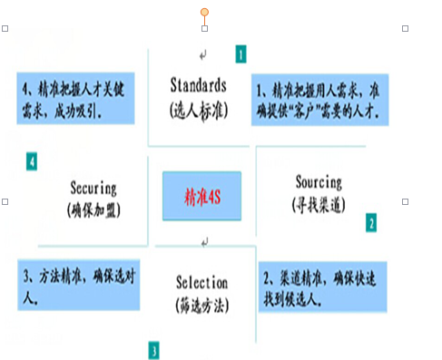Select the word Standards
click(x=198, y=85)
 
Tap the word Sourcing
click(x=319, y=181)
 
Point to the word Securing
click(x=93, y=189)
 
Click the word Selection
click(x=202, y=282)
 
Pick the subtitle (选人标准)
click(x=197, y=109)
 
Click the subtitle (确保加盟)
click(x=93, y=210)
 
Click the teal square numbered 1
click(x=241, y=54)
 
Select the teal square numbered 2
click(x=370, y=222)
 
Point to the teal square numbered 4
click(x=32, y=162)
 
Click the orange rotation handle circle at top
click(x=205, y=12)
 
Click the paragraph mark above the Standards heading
click(x=203, y=54)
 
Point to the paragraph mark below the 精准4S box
click(x=205, y=242)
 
